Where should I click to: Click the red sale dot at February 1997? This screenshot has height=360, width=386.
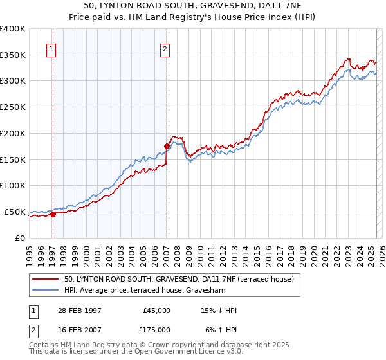click(x=53, y=215)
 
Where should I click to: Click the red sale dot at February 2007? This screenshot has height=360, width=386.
click(x=167, y=146)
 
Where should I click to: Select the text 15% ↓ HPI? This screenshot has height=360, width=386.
click(x=219, y=310)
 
